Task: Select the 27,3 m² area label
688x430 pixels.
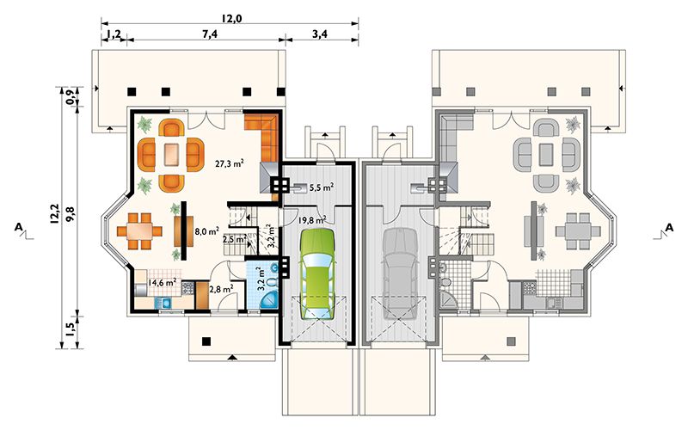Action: [x=230, y=163]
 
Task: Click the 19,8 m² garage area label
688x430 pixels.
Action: [x=312, y=219]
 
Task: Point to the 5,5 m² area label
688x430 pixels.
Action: [x=321, y=187]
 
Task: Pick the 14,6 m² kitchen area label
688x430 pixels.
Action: [x=162, y=282]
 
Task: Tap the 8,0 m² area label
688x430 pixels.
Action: [x=206, y=231]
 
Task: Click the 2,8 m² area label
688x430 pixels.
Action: [x=221, y=289]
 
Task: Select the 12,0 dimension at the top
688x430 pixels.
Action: [x=231, y=18]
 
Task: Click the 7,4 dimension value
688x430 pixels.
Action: [x=210, y=34]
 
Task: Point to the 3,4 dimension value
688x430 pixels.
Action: [x=320, y=34]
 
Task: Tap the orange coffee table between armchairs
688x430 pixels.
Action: [x=171, y=155]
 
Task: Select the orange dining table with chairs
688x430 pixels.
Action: [x=139, y=231]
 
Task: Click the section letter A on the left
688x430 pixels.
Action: [x=18, y=227]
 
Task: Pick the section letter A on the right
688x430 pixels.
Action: [x=669, y=227]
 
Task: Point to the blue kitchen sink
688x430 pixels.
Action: [x=163, y=303]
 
